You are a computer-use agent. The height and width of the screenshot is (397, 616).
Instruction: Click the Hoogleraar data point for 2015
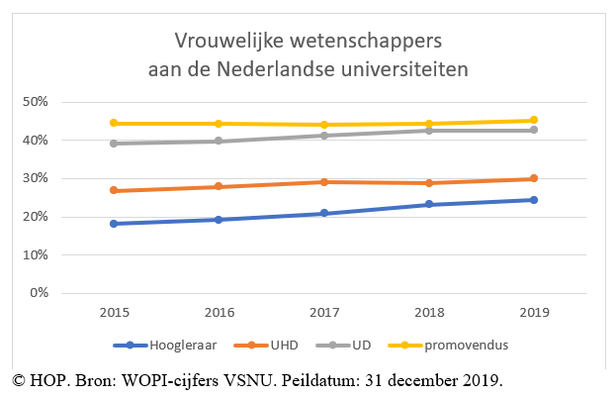114,224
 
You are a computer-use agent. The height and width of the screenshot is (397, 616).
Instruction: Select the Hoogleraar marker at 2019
533,200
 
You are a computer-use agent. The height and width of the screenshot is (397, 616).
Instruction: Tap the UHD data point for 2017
323,182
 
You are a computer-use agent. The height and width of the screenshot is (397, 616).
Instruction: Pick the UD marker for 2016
219,142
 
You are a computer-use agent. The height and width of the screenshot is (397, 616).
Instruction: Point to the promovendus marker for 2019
533,121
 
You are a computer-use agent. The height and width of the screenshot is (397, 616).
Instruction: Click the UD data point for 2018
428,131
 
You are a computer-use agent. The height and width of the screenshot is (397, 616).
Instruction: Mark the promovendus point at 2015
114,124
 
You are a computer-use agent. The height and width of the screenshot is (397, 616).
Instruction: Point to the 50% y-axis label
35,102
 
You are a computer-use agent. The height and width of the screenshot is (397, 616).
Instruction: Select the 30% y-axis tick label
35,178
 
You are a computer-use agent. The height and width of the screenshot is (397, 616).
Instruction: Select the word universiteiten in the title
397,69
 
